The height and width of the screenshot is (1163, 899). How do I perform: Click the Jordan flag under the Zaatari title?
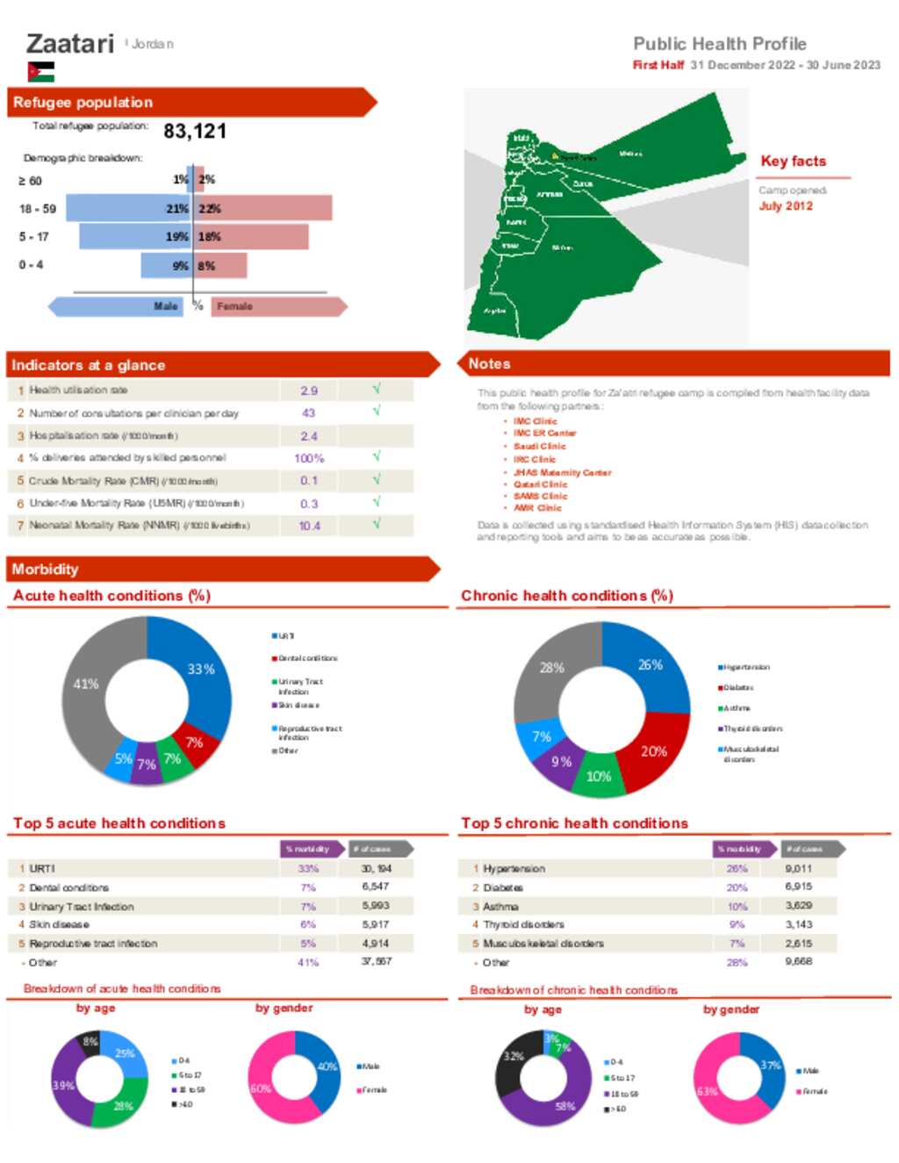(40, 72)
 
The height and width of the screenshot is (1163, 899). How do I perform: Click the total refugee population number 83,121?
(195, 132)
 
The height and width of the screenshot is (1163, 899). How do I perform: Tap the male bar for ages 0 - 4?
(165, 265)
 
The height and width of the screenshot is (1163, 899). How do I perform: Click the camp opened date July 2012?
(786, 206)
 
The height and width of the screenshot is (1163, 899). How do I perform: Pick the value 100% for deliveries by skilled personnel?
(309, 458)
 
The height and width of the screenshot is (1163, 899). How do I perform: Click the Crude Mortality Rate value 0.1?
(309, 481)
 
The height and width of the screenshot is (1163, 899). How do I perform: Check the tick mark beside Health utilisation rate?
(377, 389)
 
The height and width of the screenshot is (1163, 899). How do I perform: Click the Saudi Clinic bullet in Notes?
(539, 446)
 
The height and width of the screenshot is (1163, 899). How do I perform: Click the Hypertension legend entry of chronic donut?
(745, 667)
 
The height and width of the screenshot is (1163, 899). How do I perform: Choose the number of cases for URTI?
(377, 869)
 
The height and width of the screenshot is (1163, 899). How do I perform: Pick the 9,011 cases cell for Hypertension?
(798, 869)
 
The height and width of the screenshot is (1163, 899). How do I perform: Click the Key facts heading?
(793, 162)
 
